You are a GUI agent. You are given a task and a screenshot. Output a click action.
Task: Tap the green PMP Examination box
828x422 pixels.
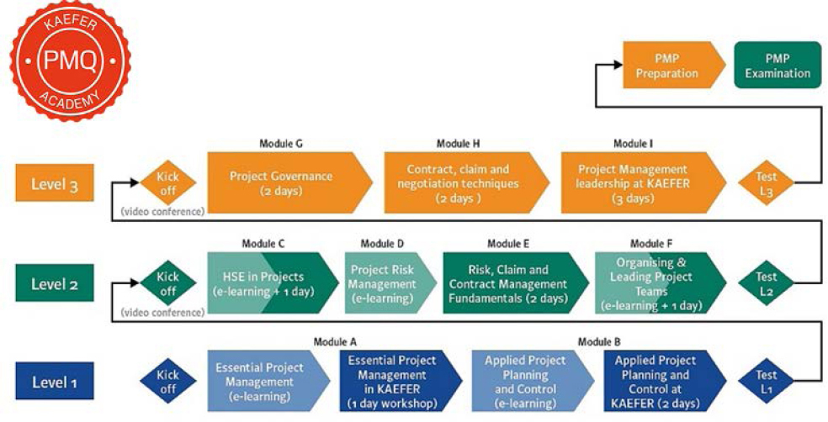(778, 65)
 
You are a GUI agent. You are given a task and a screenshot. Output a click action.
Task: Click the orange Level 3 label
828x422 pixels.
(55, 182)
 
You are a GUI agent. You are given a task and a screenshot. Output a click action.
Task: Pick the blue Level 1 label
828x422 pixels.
(55, 381)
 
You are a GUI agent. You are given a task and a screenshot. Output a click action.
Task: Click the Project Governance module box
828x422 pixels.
(290, 182)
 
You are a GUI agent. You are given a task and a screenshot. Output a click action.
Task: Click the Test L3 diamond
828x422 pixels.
(767, 183)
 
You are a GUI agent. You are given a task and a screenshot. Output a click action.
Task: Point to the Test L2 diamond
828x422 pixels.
(767, 283)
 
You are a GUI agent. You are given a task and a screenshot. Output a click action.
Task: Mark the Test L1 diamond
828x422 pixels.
(767, 382)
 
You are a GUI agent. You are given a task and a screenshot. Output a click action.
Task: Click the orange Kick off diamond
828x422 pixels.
(168, 183)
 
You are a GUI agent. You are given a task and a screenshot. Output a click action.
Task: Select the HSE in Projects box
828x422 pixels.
(273, 283)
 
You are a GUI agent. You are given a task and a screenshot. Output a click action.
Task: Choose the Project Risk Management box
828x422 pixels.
(390, 283)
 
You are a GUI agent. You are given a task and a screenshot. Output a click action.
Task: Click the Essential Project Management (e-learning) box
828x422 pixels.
(268, 381)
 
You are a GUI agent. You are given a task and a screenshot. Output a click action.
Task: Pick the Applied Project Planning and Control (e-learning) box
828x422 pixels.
(533, 381)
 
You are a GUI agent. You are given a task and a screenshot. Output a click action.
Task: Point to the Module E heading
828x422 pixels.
(508, 244)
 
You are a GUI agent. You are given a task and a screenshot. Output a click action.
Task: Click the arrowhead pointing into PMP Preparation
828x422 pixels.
(618, 65)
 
